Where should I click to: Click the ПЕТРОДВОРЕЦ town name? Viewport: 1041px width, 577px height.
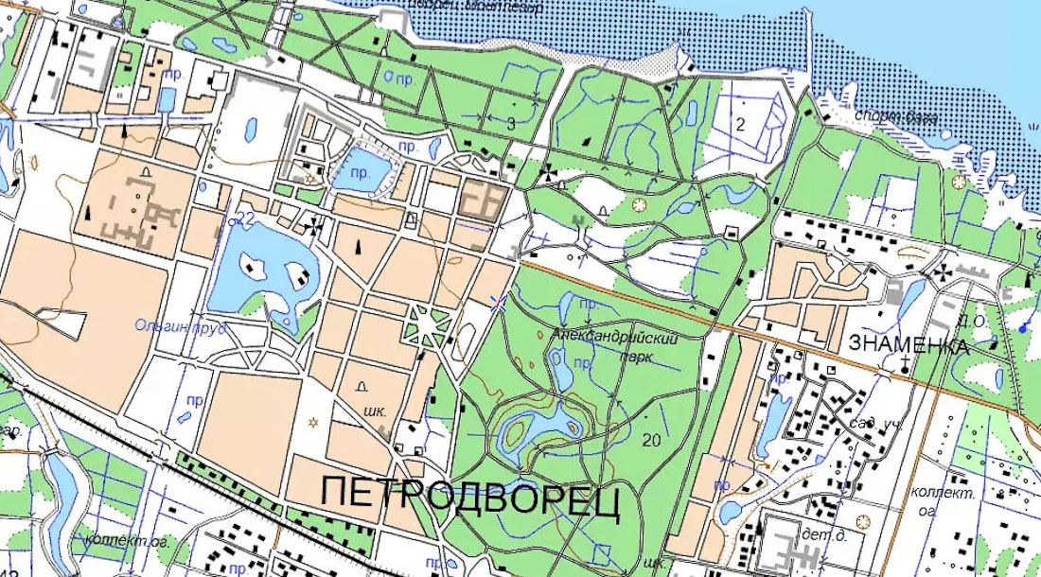coord(470,498)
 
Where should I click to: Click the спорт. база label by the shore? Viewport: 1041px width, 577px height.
coord(895,117)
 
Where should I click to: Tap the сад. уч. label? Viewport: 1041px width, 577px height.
coord(873,424)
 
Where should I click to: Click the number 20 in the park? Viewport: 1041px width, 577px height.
coord(650,440)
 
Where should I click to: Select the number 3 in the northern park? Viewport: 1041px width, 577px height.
coord(511,124)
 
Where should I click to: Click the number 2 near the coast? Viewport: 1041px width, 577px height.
coord(741,124)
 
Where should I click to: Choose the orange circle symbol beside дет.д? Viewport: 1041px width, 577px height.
coord(863,521)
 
